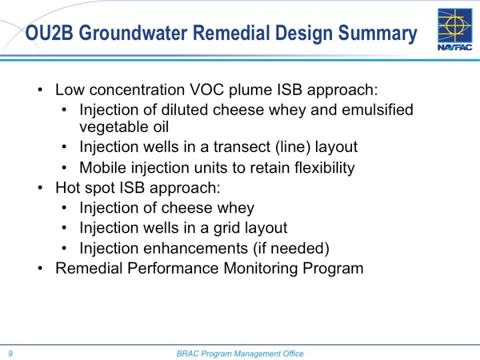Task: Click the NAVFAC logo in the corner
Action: click(454, 30)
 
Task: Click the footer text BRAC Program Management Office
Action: click(240, 354)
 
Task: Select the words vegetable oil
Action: click(124, 126)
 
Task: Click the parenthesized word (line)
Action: click(293, 147)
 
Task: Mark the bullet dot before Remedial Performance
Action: click(39, 269)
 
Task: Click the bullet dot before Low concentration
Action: click(39, 90)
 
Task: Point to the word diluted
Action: click(182, 109)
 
